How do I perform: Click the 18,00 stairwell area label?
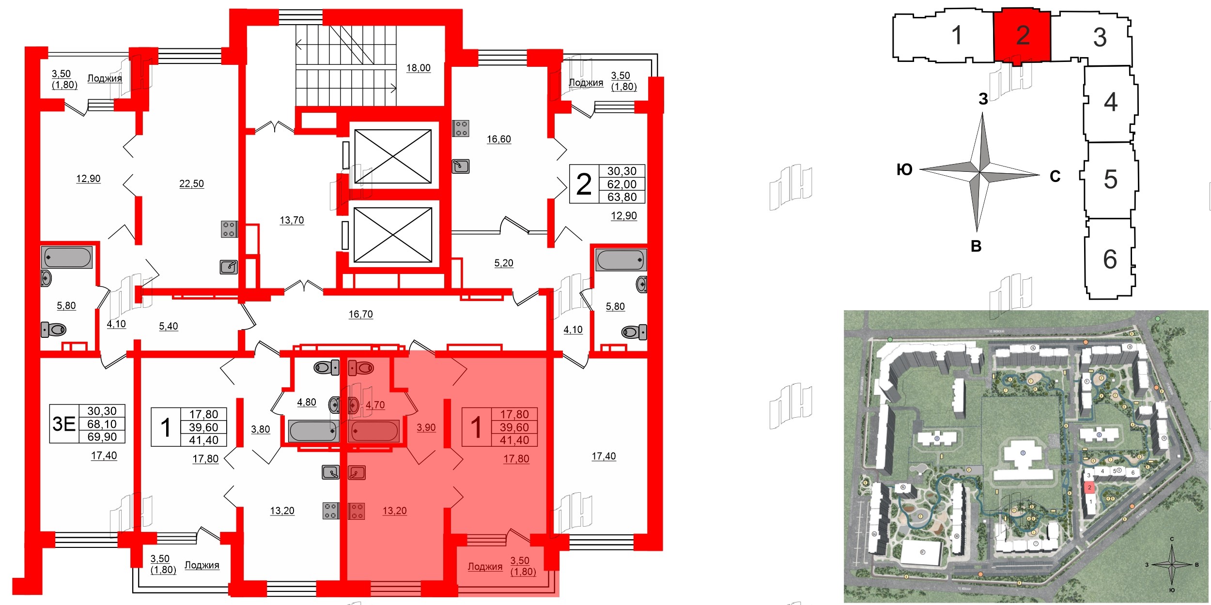(418, 68)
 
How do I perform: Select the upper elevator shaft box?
(393, 156)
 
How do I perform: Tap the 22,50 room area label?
(191, 184)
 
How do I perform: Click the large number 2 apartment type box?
(584, 184)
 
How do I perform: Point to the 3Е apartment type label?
(64, 424)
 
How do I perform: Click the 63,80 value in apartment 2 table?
(622, 197)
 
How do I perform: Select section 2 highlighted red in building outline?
(1022, 35)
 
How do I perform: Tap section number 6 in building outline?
(1110, 259)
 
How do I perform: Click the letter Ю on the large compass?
(904, 170)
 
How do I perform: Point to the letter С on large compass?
(1055, 177)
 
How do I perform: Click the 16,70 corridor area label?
(360, 315)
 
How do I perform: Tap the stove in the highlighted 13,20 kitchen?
(357, 511)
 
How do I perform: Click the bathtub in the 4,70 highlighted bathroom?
(374, 431)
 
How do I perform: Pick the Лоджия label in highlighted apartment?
(484, 567)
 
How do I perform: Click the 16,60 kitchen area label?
(498, 139)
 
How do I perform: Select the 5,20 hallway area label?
(503, 263)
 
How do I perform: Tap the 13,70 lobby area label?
(292, 221)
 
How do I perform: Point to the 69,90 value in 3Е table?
(102, 437)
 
